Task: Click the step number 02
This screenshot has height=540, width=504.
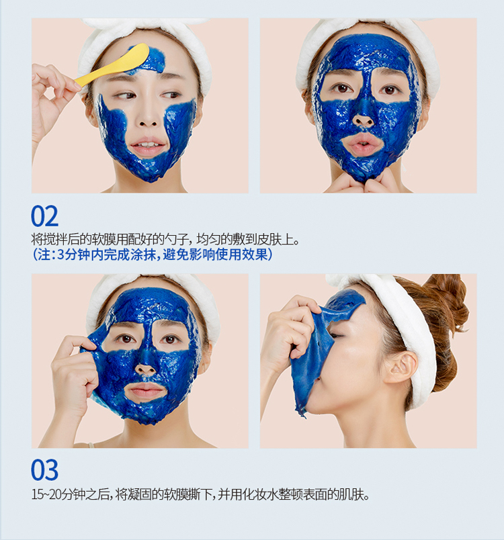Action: [x=45, y=216]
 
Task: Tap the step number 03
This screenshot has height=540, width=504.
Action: [x=45, y=470]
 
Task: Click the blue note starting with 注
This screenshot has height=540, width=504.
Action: [x=153, y=255]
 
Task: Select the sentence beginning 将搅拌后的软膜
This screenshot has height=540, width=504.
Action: [x=165, y=239]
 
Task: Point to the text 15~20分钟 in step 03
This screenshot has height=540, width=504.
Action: [x=58, y=494]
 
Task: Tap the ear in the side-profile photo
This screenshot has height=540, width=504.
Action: [x=401, y=367]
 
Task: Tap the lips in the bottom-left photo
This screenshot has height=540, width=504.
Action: [x=144, y=391]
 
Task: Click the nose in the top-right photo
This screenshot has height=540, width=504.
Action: [x=364, y=116]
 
